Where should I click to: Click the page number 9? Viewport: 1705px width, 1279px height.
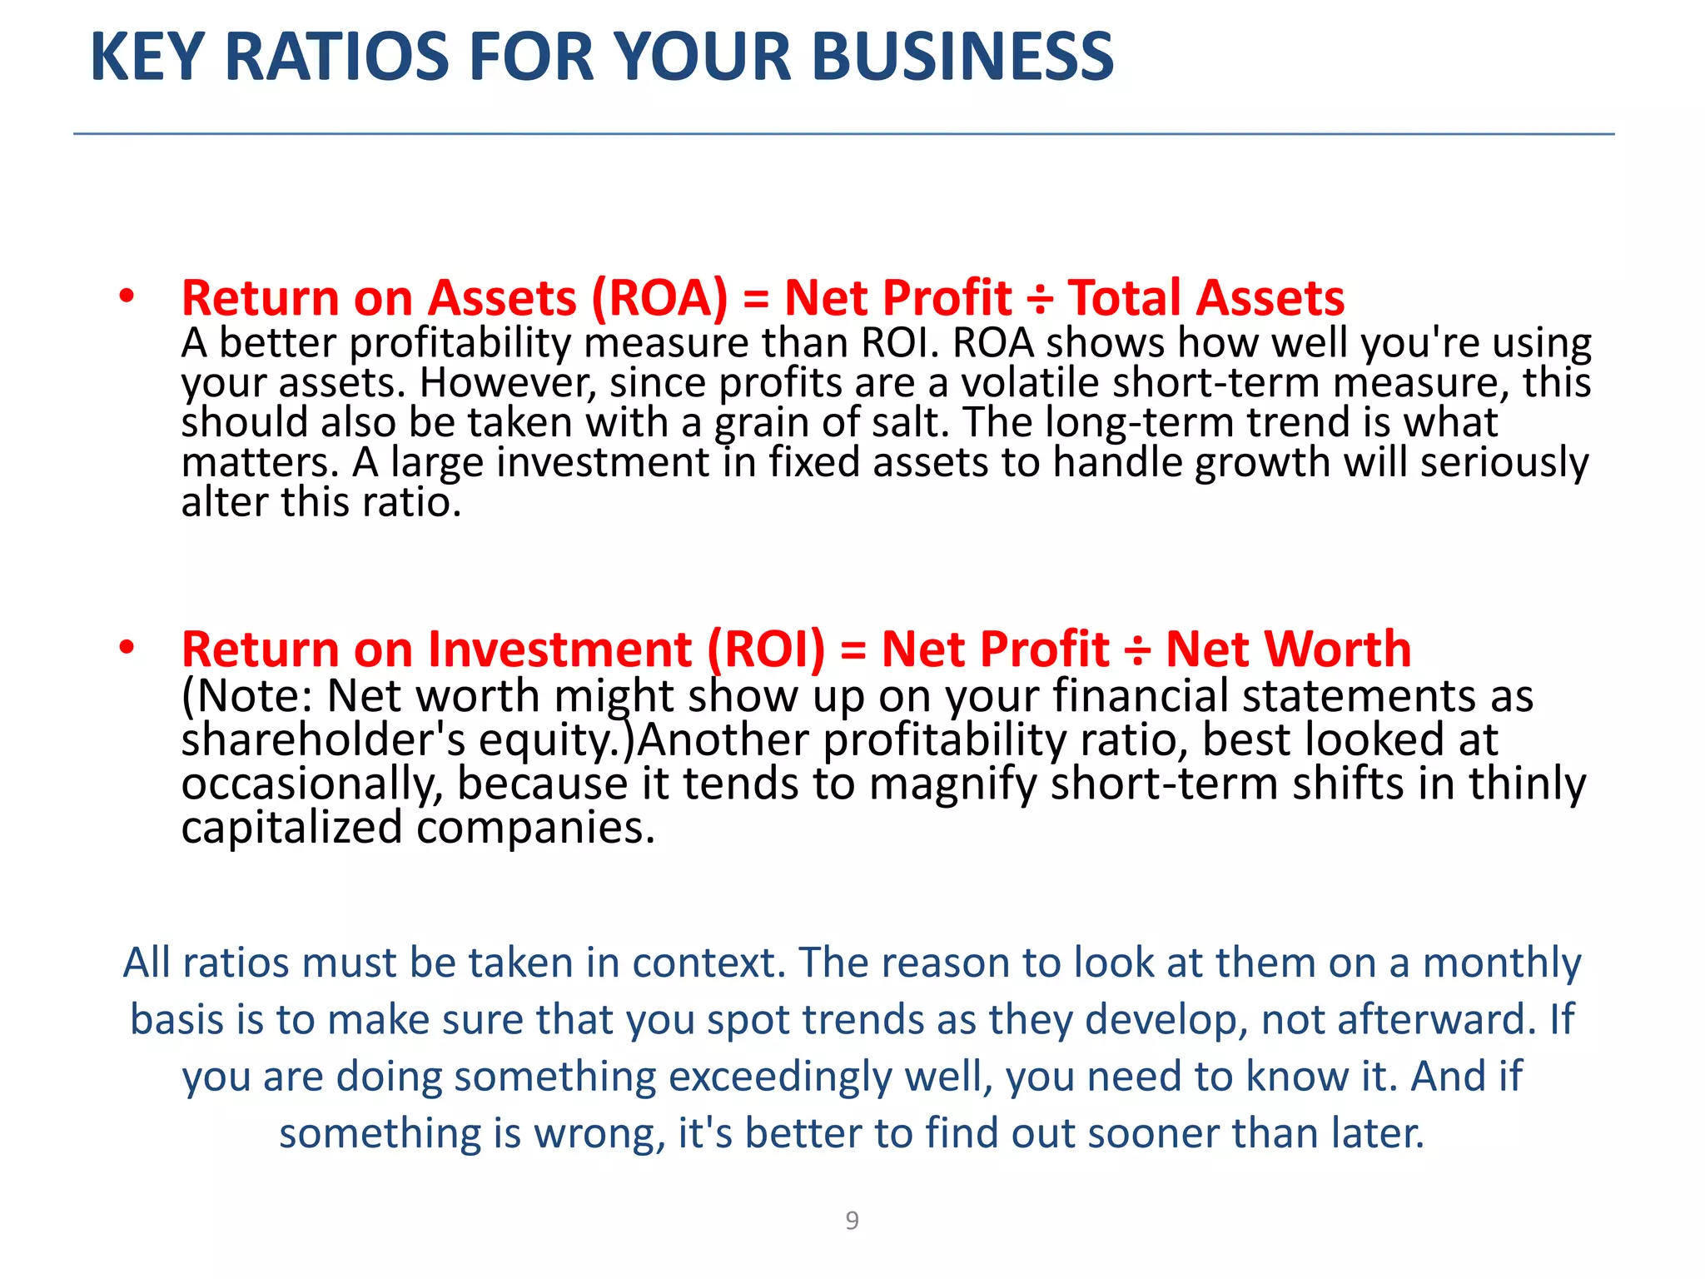pos(852,1220)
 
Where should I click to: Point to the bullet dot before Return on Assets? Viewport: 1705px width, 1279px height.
pos(127,296)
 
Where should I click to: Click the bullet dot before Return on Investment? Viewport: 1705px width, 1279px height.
pos(127,648)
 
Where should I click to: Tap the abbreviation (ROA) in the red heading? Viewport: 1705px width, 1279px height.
pos(659,298)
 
